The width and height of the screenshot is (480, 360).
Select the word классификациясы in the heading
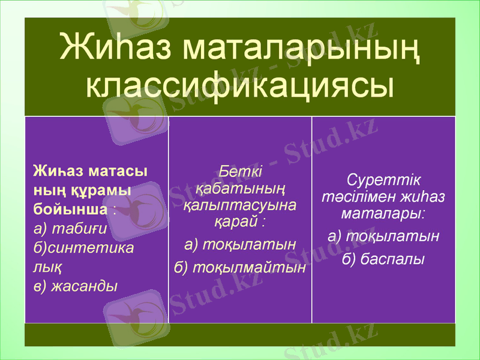[x=240, y=86]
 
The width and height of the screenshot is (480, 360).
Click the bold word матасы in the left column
[x=118, y=170]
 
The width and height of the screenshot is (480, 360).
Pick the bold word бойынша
[x=70, y=209]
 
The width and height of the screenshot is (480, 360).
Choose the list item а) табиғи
[x=71, y=228]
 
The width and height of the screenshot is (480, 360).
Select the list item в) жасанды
[x=75, y=286]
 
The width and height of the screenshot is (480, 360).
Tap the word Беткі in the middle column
[x=240, y=170]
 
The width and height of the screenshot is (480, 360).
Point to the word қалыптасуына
[x=240, y=205]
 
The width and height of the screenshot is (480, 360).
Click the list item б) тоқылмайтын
[x=240, y=267]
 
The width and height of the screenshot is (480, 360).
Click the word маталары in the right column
[x=382, y=213]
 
